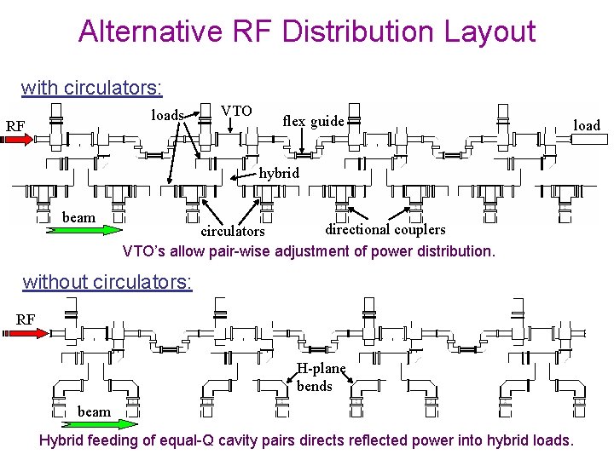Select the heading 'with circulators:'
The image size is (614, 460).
click(x=92, y=87)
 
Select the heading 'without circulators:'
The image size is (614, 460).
click(x=107, y=282)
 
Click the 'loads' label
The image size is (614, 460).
click(x=168, y=115)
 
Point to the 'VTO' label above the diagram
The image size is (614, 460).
click(x=236, y=112)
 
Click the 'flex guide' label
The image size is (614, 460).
click(x=313, y=121)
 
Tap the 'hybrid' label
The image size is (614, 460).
click(x=279, y=173)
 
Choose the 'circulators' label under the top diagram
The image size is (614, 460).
click(x=233, y=231)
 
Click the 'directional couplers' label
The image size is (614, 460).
click(x=385, y=228)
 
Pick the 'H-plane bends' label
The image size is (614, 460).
click(x=320, y=377)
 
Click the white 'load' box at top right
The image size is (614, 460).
click(x=587, y=125)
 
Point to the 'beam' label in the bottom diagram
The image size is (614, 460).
click(x=94, y=411)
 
